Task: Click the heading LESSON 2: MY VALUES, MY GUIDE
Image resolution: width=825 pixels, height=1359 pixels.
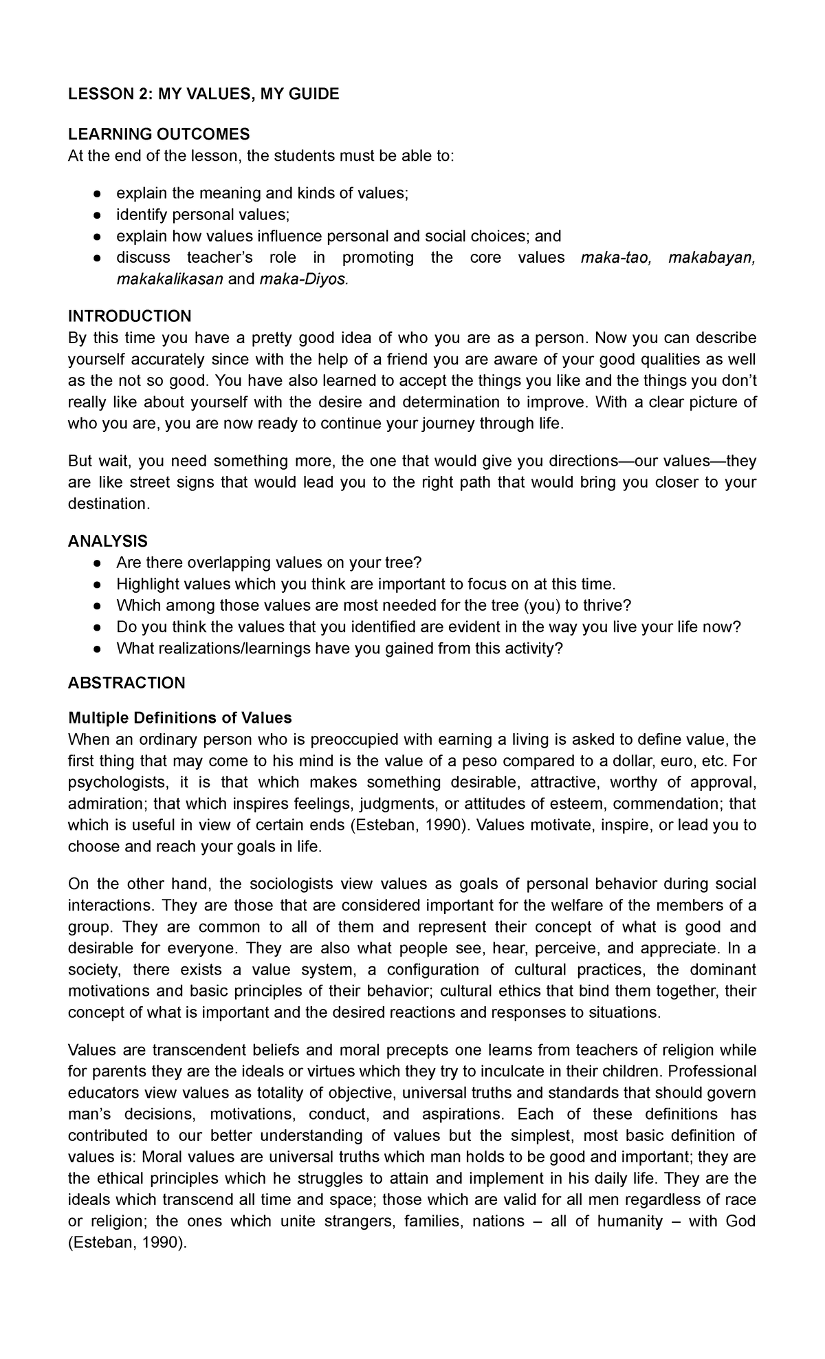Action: click(203, 94)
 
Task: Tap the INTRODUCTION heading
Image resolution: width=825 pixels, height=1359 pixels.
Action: click(129, 316)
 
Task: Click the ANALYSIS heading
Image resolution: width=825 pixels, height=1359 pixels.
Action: click(107, 541)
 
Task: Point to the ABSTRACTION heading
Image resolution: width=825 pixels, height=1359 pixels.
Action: click(126, 683)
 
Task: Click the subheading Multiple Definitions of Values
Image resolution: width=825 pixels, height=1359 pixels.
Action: click(179, 718)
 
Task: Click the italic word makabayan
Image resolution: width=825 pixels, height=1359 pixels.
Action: click(712, 258)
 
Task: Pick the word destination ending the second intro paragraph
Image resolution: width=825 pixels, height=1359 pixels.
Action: click(108, 504)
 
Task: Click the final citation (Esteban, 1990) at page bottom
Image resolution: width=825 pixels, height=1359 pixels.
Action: click(127, 1243)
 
